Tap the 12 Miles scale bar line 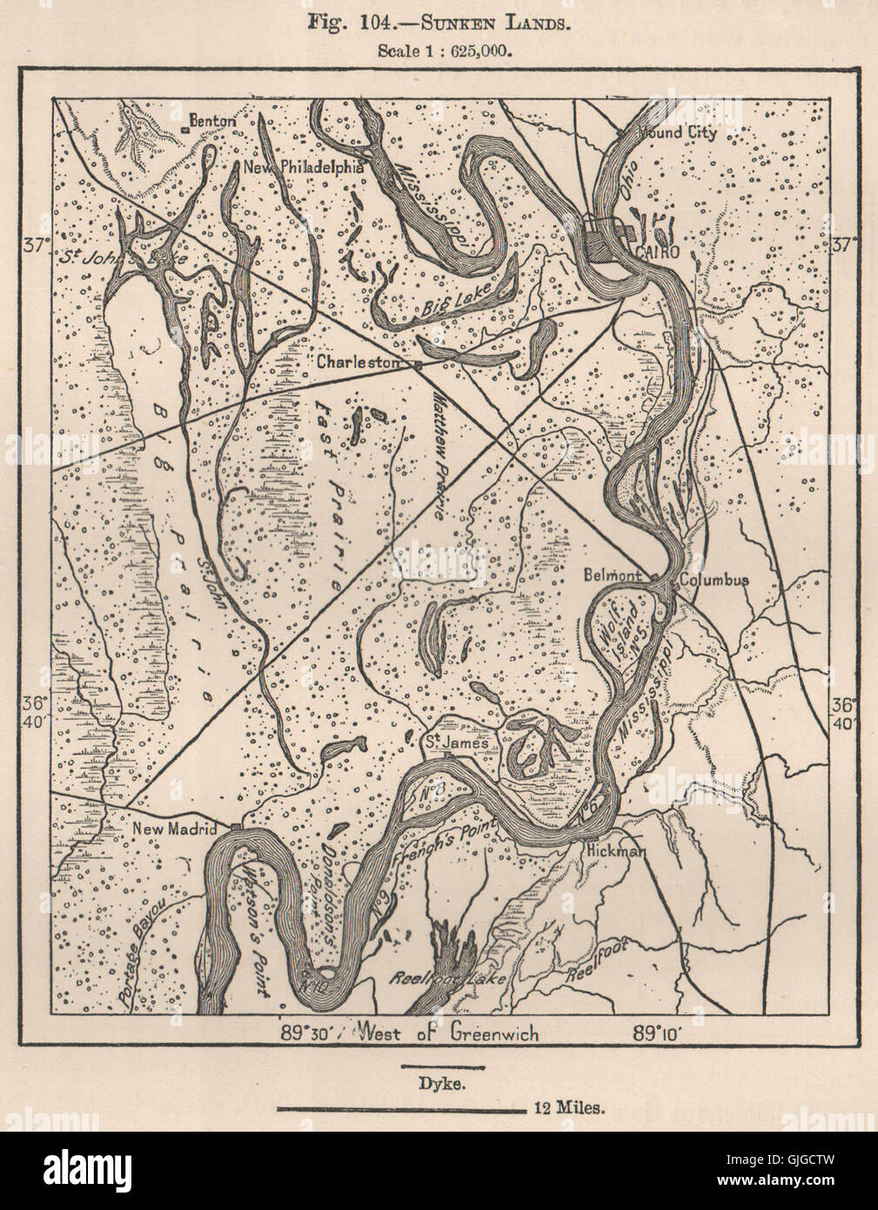pyautogui.click(x=399, y=1110)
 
